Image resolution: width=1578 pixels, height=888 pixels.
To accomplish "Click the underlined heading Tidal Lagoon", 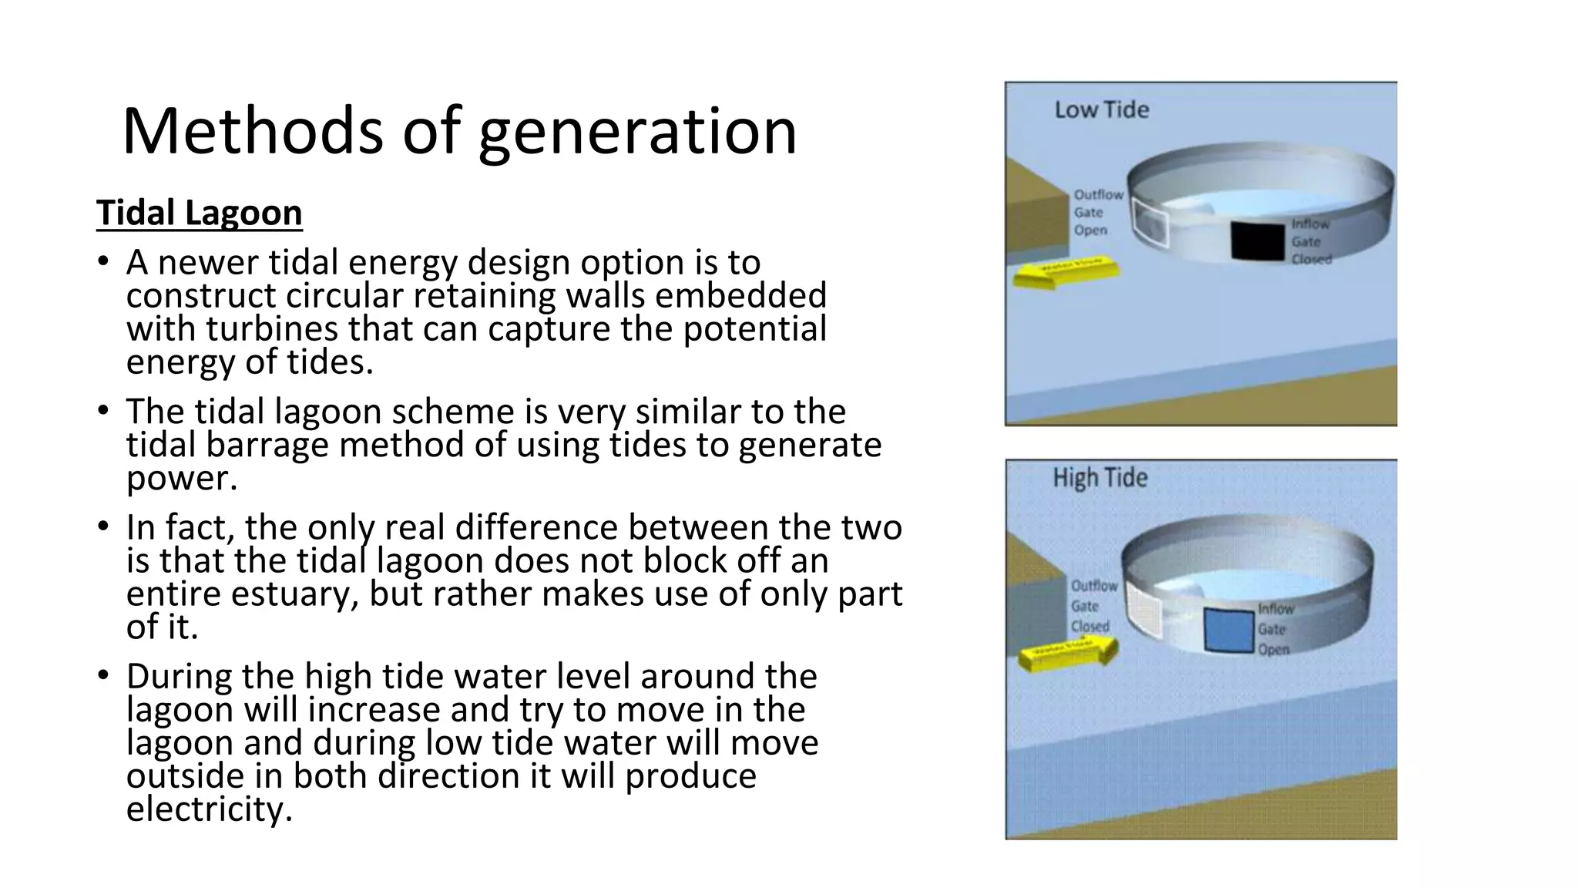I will coord(199,213).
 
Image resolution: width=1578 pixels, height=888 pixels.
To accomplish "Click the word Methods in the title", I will coord(252,131).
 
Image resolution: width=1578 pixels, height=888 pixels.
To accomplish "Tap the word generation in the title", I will coord(637,133).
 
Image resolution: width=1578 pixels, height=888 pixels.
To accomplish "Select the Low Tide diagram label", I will coord(1101,110).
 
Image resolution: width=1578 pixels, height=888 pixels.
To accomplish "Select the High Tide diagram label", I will coord(1100,478).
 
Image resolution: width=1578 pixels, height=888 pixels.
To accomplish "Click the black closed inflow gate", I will coord(1257,240).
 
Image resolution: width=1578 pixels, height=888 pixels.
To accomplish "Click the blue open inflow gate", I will coord(1229,631).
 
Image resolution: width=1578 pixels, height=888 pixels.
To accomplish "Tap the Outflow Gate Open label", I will coord(1098,213).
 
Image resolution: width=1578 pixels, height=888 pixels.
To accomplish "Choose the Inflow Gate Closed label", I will coord(1311,241).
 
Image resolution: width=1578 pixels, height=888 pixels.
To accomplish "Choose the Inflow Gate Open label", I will coord(1276,629).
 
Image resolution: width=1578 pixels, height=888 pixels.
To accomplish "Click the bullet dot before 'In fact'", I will coord(103,527).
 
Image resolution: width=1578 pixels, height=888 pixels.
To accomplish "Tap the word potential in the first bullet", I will coord(754,329).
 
